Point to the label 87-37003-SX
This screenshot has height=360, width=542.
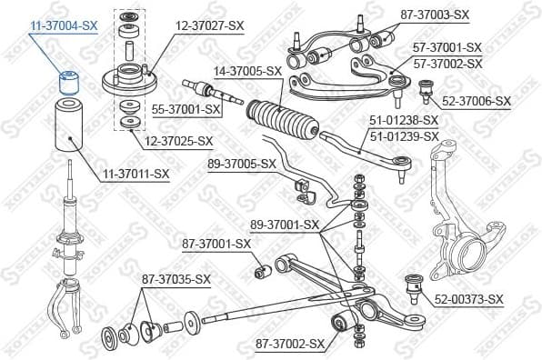point(435,15)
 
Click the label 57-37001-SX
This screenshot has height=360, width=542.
point(447,46)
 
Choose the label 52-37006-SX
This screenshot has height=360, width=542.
point(477,104)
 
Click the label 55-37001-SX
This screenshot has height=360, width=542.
point(186,109)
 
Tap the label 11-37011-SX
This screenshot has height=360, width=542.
point(135,173)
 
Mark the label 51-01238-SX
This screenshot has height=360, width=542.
point(404,119)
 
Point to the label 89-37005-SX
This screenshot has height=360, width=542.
point(241,164)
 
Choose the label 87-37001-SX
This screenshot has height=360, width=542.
point(216,244)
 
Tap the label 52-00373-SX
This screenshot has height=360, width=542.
point(468,299)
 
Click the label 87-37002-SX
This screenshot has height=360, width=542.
point(290,344)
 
